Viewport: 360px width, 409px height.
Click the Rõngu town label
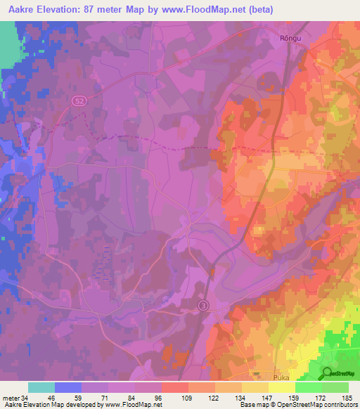tap(288, 40)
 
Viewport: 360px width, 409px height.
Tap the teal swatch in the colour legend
tap(41, 387)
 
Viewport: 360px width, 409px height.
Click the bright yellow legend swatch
tap(282, 387)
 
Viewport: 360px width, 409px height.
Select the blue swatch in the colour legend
tap(68, 387)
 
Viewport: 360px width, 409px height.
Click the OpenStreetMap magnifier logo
tap(328, 373)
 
